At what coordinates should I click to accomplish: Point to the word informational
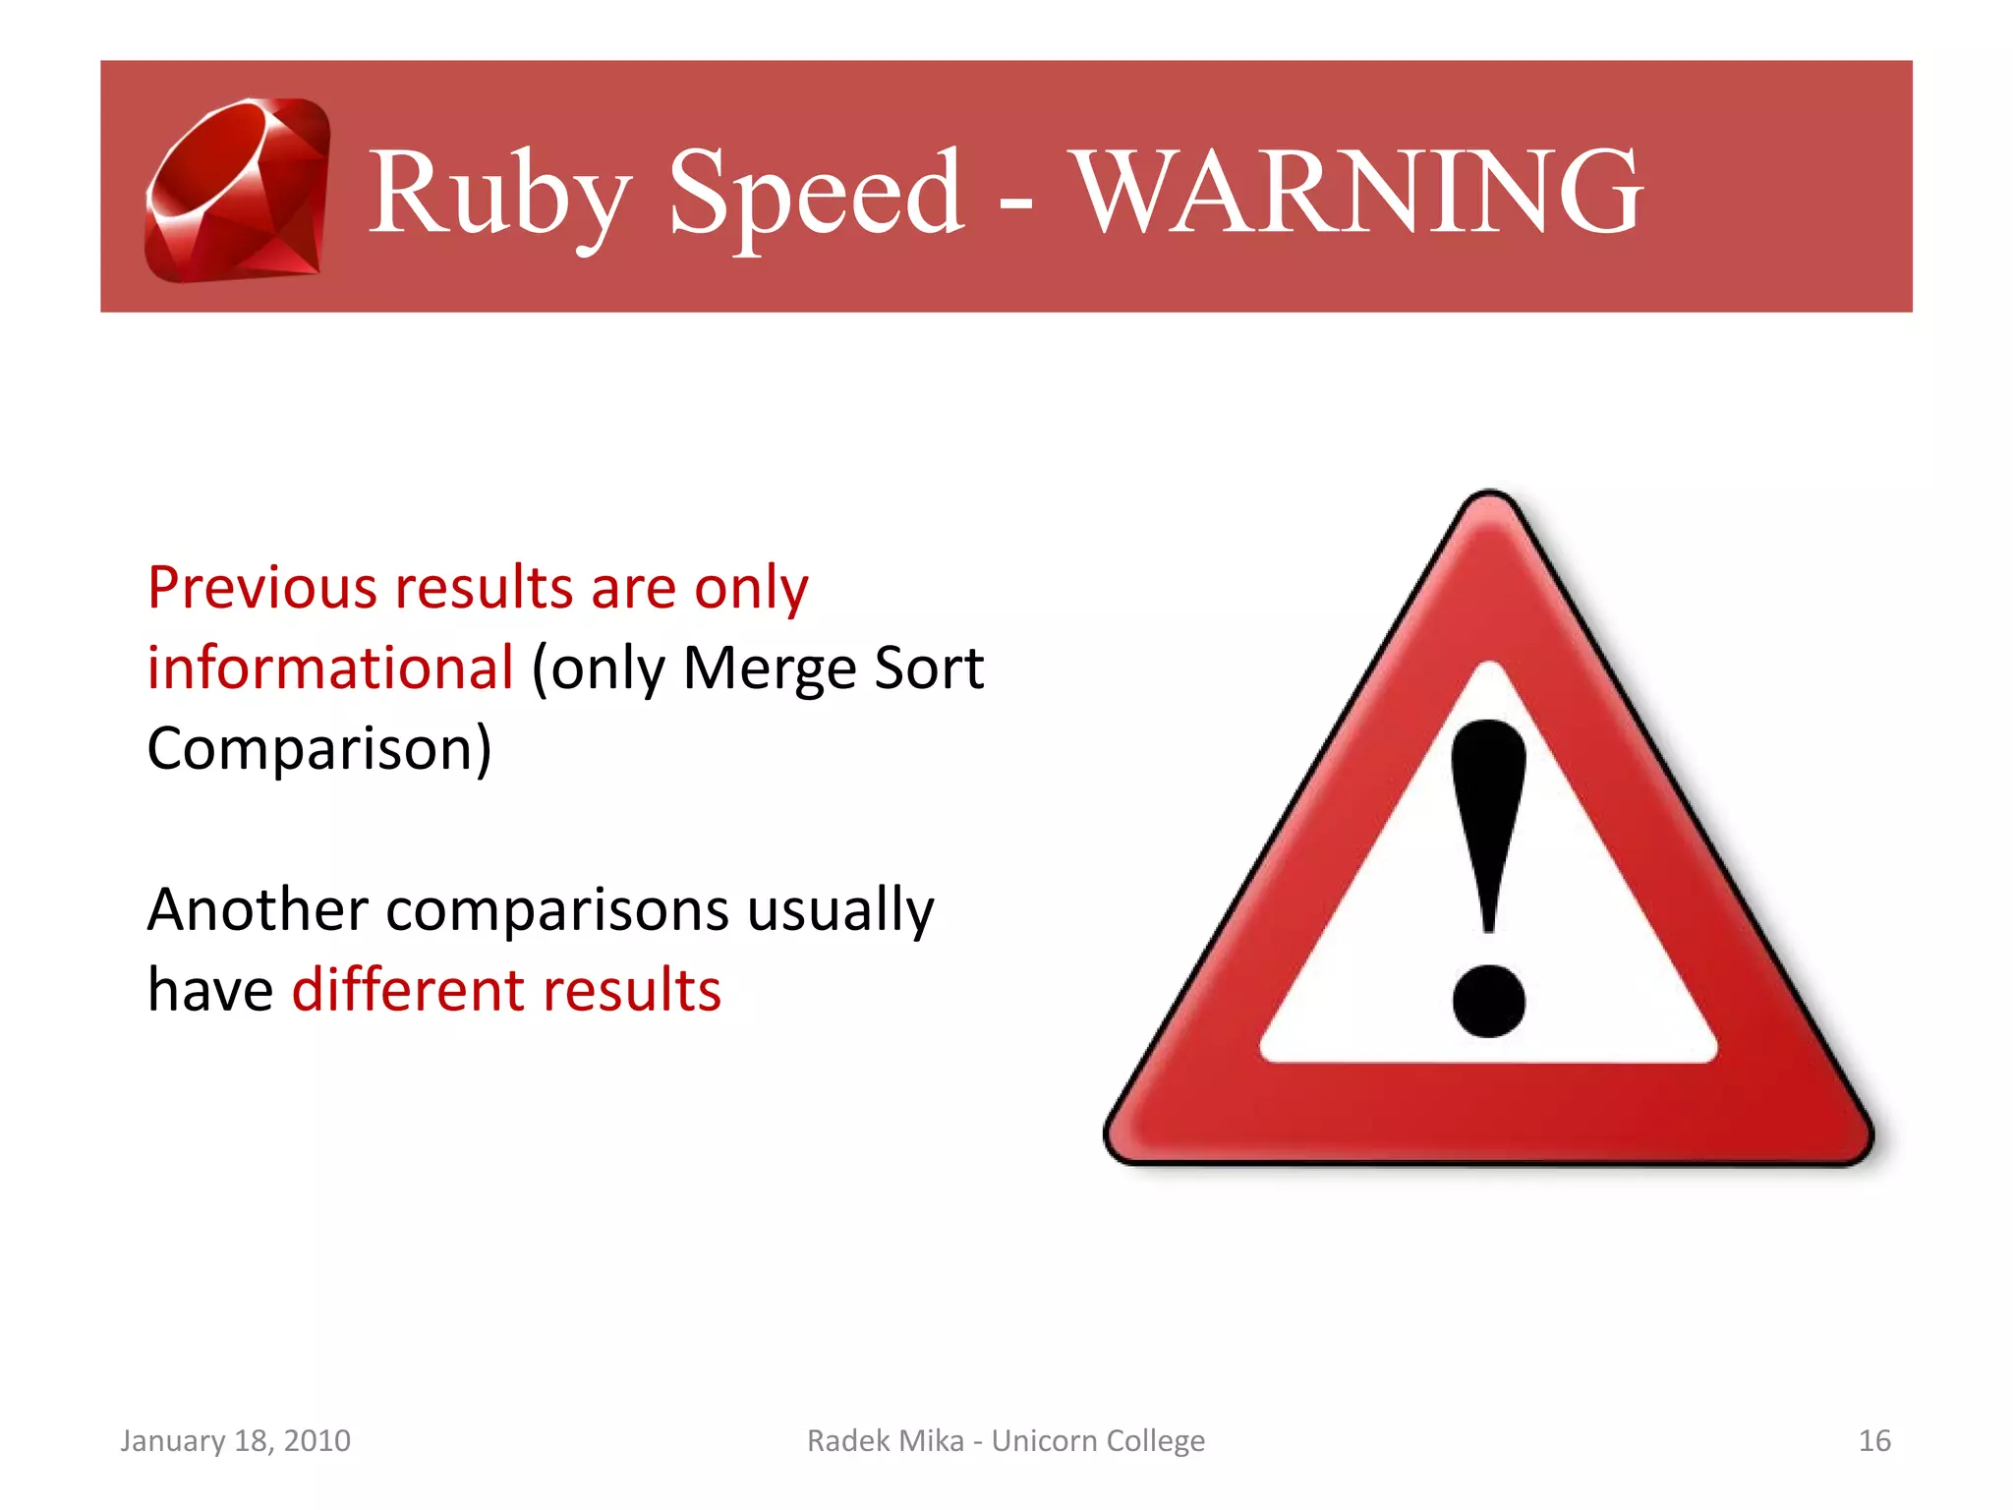(330, 668)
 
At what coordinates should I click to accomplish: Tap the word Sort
(928, 668)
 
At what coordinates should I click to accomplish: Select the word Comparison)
(319, 749)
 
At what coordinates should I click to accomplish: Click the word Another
(258, 909)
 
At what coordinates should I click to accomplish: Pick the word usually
(840, 911)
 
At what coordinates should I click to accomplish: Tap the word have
(209, 990)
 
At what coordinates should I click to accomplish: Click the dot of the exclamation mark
(1488, 1001)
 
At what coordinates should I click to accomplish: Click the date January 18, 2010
(235, 1440)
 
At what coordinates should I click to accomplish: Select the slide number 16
(1873, 1440)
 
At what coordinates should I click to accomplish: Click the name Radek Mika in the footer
(885, 1440)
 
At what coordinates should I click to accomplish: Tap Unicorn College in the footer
(1098, 1440)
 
